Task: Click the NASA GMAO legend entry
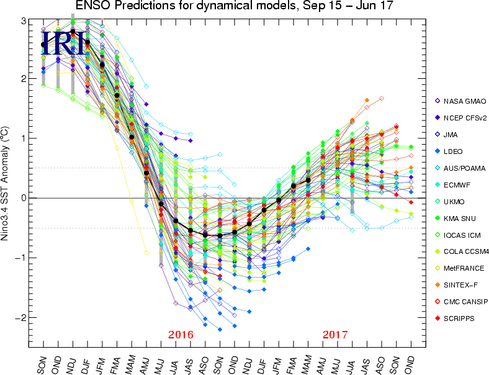coord(460,101)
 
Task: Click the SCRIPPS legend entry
coord(459,318)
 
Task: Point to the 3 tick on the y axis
coord(23,20)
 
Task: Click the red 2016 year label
coord(181,335)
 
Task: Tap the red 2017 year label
coord(335,335)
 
